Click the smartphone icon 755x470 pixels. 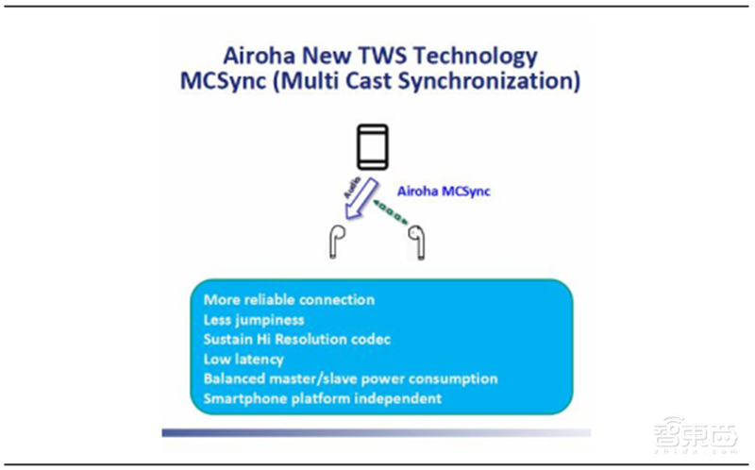tap(372, 148)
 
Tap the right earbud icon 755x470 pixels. tap(414, 242)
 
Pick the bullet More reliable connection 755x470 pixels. tap(289, 299)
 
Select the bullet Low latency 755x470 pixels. tap(243, 359)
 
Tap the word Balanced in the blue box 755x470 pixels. tap(234, 378)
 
